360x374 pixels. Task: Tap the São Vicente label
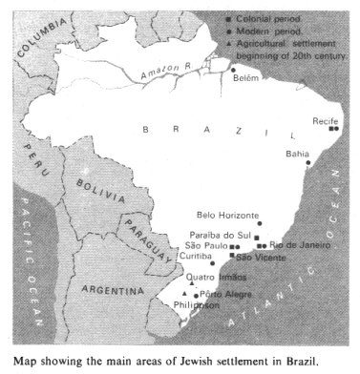click(258, 257)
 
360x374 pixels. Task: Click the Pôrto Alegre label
click(222, 295)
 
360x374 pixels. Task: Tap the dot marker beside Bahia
click(308, 163)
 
